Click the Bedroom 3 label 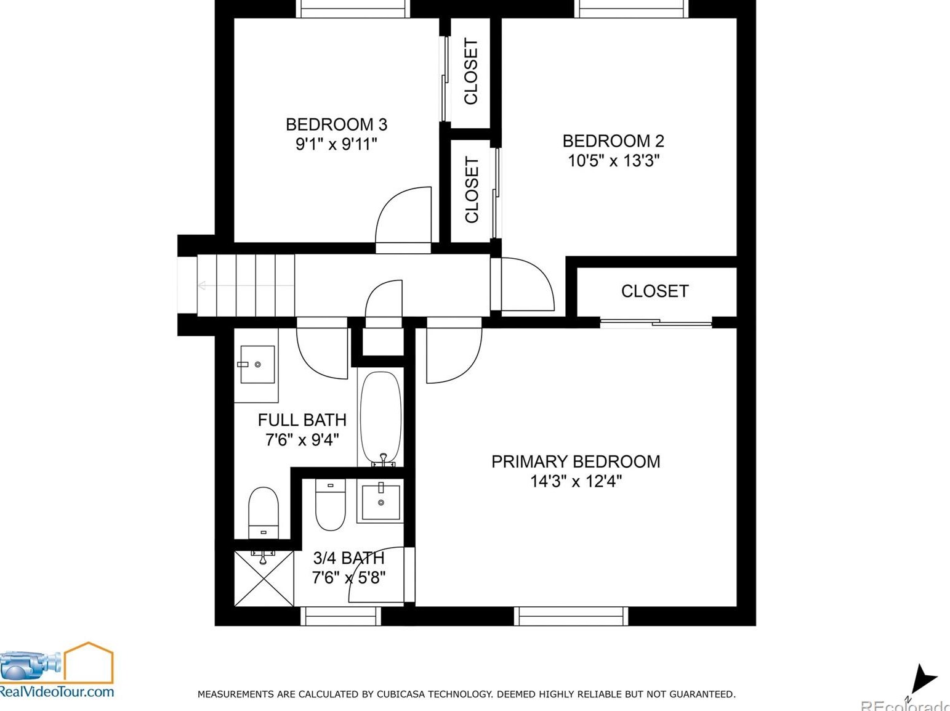click(336, 124)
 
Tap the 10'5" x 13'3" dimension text click(613, 161)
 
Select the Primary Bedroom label click(576, 461)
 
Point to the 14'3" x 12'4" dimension click(576, 481)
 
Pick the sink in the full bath click(257, 364)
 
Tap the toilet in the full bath click(263, 513)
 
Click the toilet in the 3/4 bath click(330, 505)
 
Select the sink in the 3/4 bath click(381, 502)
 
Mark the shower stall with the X click(264, 579)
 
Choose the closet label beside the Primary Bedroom click(655, 291)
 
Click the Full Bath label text click(302, 420)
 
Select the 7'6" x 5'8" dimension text click(349, 577)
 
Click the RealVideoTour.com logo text click(57, 691)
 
